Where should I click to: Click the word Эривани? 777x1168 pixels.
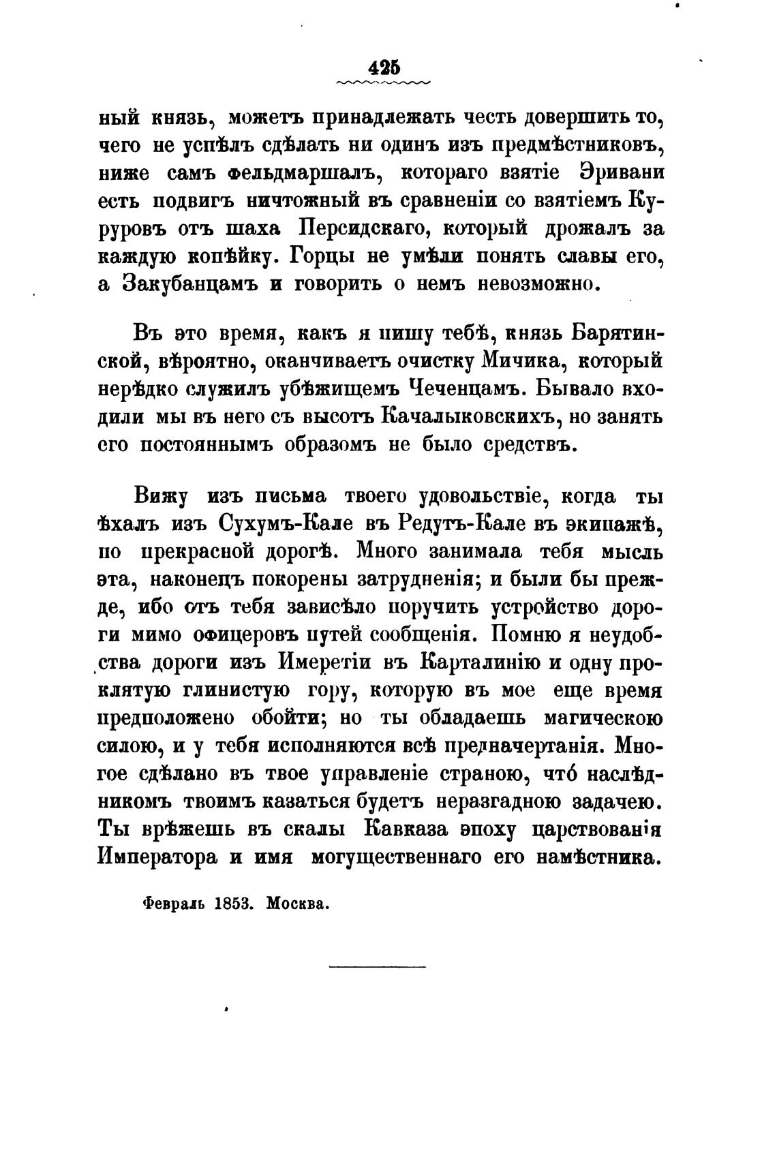tap(622, 173)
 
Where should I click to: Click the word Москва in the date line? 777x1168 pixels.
tap(298, 904)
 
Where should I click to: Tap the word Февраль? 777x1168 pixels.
tap(174, 904)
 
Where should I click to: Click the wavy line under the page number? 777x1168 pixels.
tap(384, 83)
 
